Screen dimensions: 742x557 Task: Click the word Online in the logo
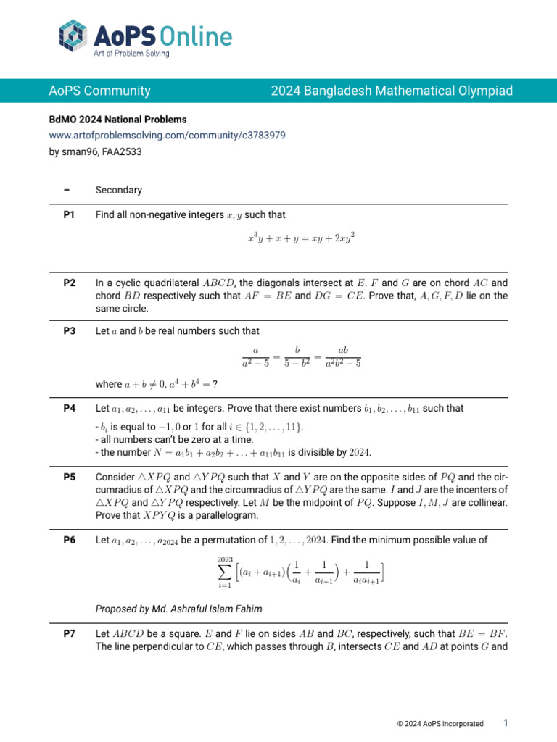tap(194, 36)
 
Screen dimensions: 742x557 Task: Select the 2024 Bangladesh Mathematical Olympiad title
tap(392, 91)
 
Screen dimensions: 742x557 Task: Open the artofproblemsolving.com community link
tap(167, 135)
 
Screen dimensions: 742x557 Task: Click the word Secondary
tap(119, 191)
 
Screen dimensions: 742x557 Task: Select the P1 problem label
tap(70, 214)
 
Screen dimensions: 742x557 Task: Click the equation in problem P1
tap(301, 238)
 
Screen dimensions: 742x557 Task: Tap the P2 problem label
tap(70, 283)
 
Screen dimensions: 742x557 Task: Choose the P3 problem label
tap(70, 331)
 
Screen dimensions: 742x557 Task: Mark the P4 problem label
tap(70, 409)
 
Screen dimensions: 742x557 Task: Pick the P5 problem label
tap(70, 478)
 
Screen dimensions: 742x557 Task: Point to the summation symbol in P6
tap(225, 574)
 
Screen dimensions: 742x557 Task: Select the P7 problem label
tap(70, 634)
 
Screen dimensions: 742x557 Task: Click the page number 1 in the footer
tap(506, 723)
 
